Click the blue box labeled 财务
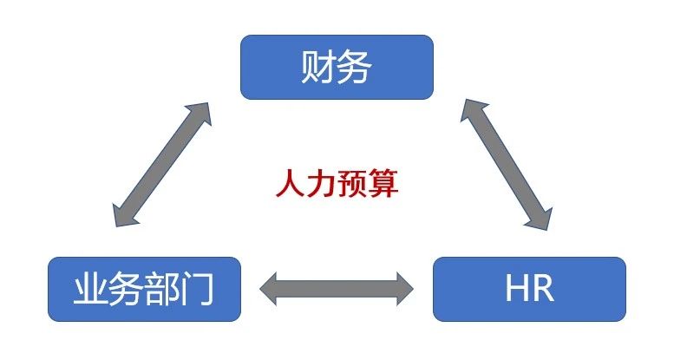click(337, 67)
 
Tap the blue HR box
click(528, 289)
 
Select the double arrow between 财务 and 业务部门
click(161, 165)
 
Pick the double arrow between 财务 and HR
click(507, 164)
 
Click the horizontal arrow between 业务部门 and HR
click(336, 287)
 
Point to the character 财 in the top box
click(318, 67)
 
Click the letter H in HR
click(517, 289)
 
